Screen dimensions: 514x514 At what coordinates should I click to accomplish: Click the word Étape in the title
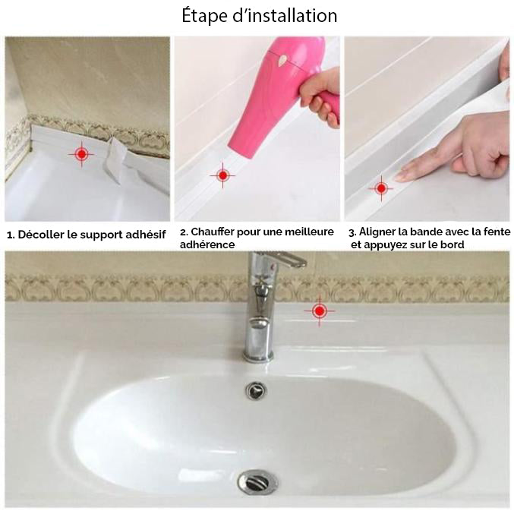204,17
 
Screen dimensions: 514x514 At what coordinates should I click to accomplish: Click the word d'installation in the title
285,16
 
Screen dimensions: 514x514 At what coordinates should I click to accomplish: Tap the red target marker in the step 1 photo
82,153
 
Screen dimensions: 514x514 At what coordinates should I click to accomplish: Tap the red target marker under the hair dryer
223,175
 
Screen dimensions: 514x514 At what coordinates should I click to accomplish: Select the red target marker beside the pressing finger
381,188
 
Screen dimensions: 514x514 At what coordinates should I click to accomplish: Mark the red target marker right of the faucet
320,311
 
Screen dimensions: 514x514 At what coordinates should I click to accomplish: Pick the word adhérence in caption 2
207,244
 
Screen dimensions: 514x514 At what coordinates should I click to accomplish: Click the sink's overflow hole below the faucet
256,390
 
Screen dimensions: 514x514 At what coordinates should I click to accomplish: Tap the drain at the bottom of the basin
257,482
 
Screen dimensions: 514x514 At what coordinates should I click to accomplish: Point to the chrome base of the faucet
258,355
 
